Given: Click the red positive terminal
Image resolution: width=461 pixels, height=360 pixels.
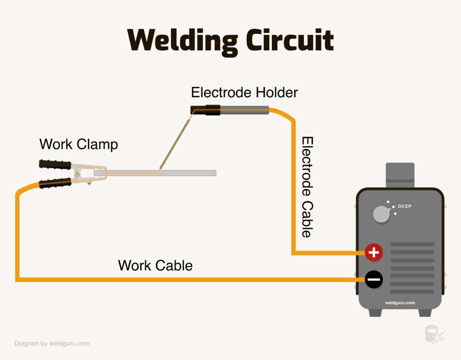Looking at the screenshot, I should point(373,253).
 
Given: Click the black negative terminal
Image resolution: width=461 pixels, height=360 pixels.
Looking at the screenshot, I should point(373,280).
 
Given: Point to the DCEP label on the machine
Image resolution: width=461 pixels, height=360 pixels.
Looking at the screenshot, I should point(405,207).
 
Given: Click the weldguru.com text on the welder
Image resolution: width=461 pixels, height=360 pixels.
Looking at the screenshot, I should point(400,303).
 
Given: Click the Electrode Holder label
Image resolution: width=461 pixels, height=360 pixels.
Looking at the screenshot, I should point(244,93).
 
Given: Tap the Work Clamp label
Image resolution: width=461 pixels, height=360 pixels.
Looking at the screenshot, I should point(79,144).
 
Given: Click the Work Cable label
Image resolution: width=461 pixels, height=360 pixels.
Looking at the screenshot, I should point(155,265).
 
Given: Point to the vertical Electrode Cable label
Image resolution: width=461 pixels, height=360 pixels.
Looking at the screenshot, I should point(307,187).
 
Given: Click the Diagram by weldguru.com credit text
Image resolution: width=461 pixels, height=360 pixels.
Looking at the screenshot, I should point(52,343).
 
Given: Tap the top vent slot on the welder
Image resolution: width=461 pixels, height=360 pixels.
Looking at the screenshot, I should point(411,245).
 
